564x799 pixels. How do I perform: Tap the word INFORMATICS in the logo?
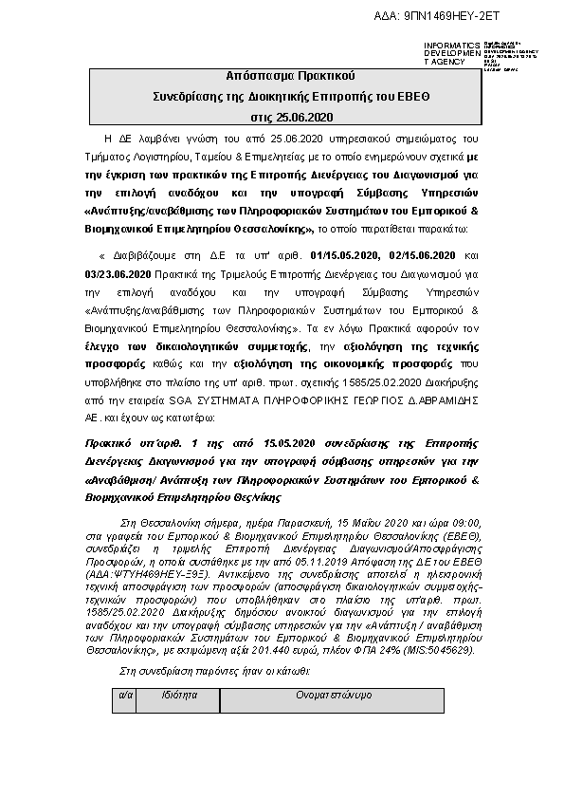click(446, 46)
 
